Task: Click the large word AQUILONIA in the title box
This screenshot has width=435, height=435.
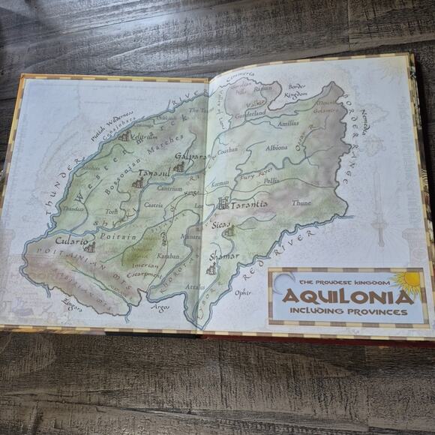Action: pyautogui.click(x=347, y=295)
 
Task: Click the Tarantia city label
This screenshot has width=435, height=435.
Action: pyautogui.click(x=250, y=203)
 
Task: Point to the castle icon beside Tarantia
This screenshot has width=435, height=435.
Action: pyautogui.click(x=223, y=202)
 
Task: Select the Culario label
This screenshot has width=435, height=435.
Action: pyautogui.click(x=70, y=241)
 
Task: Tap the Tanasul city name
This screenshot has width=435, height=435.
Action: pyautogui.click(x=153, y=174)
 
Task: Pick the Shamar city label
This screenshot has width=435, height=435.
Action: pyautogui.click(x=223, y=256)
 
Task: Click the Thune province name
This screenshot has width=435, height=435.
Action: pyautogui.click(x=301, y=202)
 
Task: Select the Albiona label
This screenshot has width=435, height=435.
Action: pyautogui.click(x=276, y=148)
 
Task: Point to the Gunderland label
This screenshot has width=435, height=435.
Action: pyautogui.click(x=250, y=113)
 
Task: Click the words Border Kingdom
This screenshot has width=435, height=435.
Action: pyautogui.click(x=297, y=91)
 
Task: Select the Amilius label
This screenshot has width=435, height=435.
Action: pyautogui.click(x=288, y=123)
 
